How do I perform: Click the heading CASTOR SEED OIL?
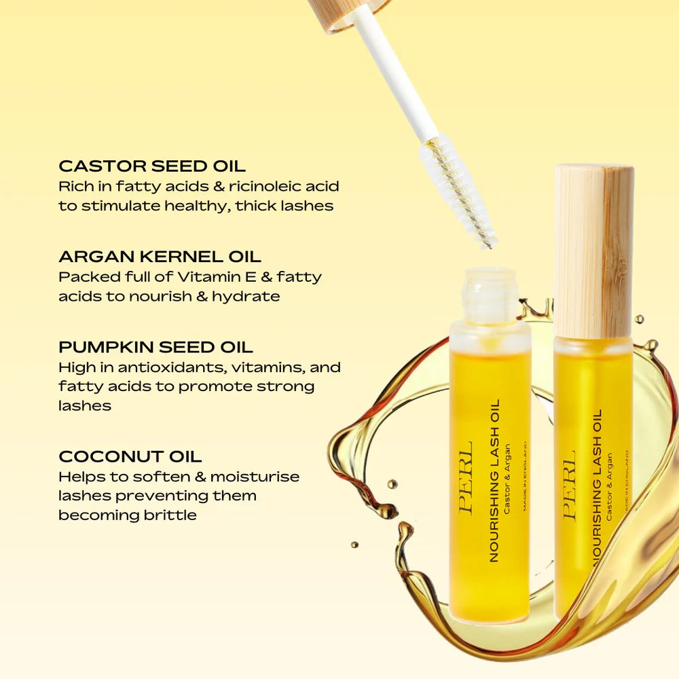[152, 166]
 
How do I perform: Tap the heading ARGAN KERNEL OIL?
[160, 257]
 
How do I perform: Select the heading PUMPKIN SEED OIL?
[155, 347]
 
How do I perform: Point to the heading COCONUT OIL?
[130, 457]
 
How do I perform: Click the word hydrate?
[246, 297]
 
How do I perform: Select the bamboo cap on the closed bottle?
[593, 251]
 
